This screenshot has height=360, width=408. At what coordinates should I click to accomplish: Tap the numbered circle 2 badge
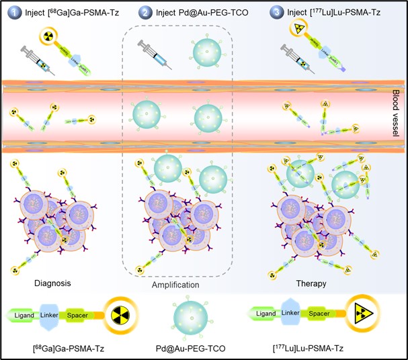click(x=145, y=11)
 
